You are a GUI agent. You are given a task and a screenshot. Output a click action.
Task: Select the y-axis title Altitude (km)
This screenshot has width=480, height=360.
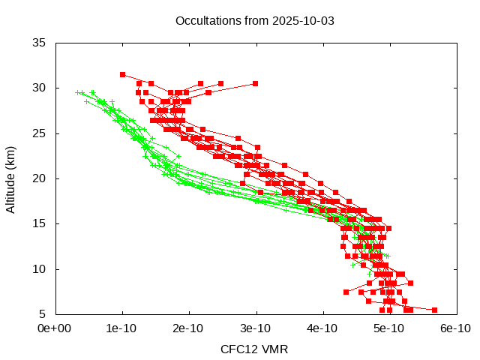coord(10,178)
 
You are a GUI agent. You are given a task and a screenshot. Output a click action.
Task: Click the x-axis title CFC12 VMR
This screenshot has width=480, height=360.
coord(254,349)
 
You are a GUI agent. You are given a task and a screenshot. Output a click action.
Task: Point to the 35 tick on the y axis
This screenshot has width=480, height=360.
coord(40,43)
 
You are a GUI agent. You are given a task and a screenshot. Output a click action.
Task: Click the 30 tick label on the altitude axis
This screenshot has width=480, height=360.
coord(40,88)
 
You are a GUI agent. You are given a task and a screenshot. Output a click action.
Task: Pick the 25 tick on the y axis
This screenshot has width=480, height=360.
coord(40,133)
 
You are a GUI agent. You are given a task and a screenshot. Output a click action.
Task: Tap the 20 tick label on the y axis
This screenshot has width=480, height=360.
coord(40,178)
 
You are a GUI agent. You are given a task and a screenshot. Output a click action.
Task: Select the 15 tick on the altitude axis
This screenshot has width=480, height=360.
coord(40,223)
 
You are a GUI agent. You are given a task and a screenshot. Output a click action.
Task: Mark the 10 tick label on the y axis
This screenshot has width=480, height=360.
coord(40,268)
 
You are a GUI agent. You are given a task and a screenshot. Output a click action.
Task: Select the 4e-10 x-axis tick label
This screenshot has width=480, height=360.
coord(322,328)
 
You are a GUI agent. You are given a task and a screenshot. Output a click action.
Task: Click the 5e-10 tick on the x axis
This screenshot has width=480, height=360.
coord(388,328)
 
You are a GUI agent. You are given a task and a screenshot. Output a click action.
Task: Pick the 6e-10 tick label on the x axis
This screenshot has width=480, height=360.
coord(455,328)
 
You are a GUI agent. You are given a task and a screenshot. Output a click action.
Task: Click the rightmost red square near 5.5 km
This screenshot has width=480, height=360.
coord(434,310)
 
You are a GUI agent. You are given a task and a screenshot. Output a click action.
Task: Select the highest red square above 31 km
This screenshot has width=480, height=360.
coord(122,74)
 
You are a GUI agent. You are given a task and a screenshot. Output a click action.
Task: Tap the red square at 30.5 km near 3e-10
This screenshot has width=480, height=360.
coord(255,83)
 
